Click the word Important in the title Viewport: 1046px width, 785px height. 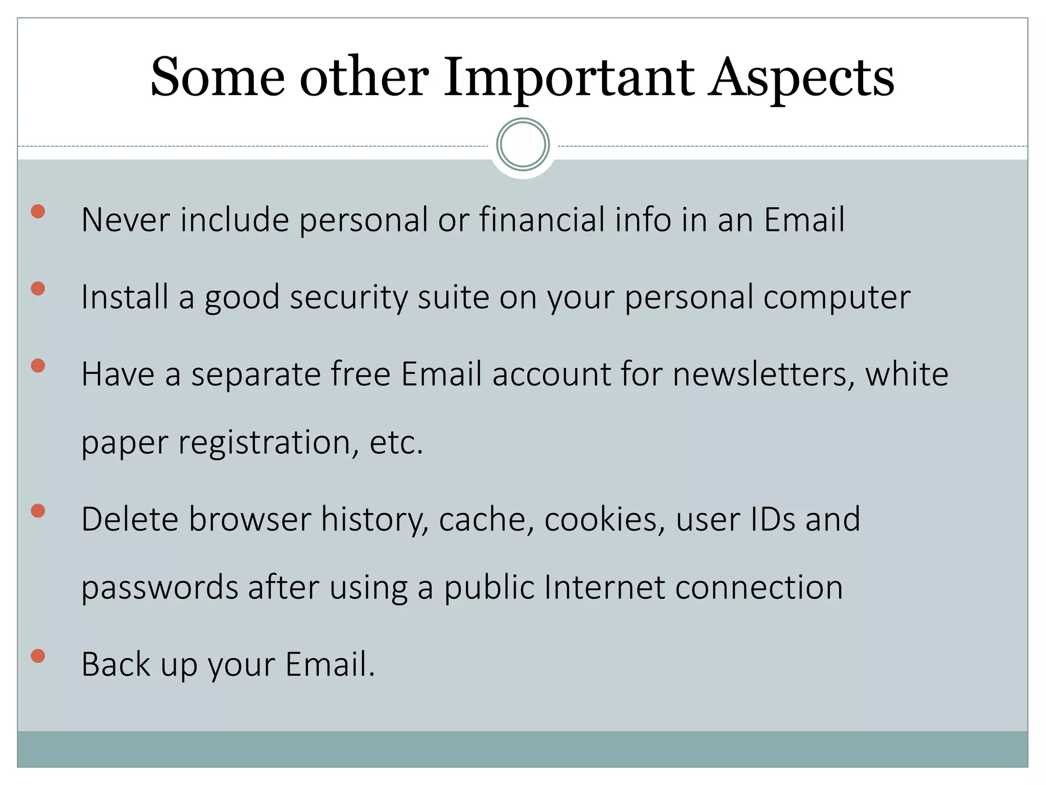[568, 78]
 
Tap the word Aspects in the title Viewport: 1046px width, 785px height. [801, 78]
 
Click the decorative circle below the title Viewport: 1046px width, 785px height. [522, 145]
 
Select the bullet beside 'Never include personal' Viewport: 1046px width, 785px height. [38, 212]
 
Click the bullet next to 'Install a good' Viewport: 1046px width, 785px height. [38, 289]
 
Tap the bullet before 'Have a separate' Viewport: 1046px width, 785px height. [38, 366]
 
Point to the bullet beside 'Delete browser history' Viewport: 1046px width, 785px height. [38, 511]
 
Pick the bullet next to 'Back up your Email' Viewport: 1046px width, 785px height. [38, 656]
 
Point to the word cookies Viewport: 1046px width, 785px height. [605, 520]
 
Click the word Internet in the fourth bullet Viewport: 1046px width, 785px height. [604, 587]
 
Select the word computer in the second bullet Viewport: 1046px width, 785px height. [837, 297]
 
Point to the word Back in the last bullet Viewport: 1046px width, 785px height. [116, 664]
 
